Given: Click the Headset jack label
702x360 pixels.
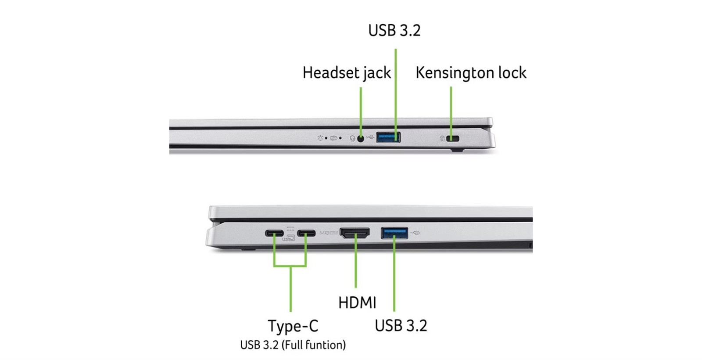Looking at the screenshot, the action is click(347, 73).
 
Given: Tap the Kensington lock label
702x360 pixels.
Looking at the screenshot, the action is click(471, 73).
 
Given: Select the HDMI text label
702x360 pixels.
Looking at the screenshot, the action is click(357, 302).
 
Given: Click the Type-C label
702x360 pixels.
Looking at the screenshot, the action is click(293, 326).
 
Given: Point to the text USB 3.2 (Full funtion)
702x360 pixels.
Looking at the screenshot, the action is click(293, 345).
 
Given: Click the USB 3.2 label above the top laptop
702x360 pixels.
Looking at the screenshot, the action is click(394, 30).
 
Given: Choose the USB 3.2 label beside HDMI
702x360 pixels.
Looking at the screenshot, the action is click(401, 325).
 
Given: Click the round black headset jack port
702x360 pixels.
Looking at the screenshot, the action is click(361, 139).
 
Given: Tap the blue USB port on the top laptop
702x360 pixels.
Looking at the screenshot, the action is click(388, 137).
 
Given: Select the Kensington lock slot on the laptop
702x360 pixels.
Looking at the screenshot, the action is click(453, 139).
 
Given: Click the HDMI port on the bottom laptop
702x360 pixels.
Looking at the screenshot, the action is click(355, 233).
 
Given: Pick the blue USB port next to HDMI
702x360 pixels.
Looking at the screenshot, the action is click(394, 233).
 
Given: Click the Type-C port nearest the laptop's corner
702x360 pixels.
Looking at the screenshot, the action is click(274, 233).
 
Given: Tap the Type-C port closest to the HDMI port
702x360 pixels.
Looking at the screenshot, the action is click(307, 233).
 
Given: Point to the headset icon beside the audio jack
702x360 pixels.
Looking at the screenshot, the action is click(353, 139).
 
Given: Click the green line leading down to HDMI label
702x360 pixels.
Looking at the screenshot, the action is click(356, 261).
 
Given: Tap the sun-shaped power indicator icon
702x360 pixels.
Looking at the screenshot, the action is click(320, 138).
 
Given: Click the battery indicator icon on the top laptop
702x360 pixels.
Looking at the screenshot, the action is click(334, 138).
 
